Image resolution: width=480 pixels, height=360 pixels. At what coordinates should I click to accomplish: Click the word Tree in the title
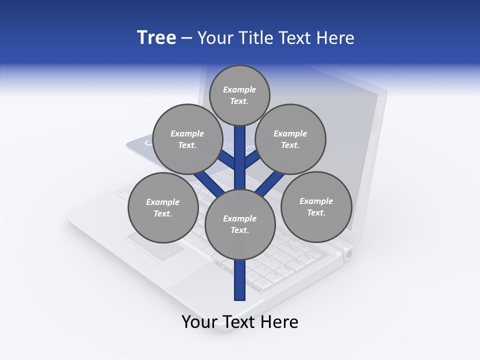coord(156,38)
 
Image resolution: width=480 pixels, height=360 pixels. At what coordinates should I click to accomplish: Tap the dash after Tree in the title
coord(187,38)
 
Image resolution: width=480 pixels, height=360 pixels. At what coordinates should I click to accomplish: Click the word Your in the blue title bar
coord(214,38)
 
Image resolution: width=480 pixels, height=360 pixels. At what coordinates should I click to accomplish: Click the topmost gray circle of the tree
coord(239,95)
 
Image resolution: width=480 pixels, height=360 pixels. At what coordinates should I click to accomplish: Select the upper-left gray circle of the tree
coord(187,139)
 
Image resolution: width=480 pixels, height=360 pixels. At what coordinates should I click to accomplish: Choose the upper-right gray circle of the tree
coord(290,139)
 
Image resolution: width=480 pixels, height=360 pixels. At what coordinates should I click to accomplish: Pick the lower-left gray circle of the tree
coord(163,207)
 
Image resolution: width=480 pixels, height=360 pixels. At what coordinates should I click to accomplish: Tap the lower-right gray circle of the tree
coord(316,206)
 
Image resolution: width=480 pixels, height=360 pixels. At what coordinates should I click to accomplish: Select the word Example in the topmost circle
coord(239,89)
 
